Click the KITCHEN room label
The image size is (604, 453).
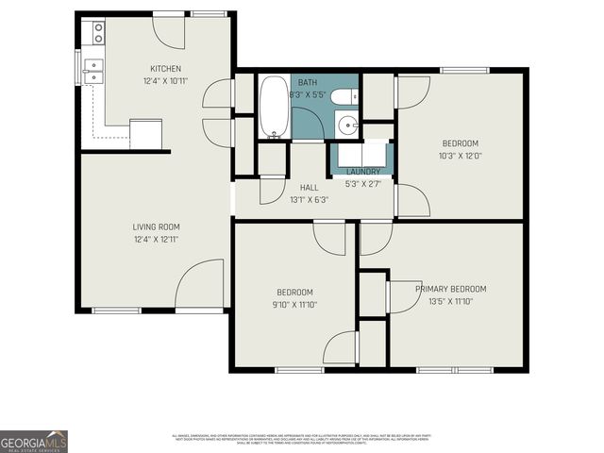tap(165, 69)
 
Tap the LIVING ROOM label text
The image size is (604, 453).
tap(156, 226)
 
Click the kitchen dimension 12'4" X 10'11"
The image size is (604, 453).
tap(165, 82)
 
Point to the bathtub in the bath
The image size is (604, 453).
tap(275, 107)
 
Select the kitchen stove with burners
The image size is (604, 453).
tap(97, 34)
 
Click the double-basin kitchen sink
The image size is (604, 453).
tap(94, 68)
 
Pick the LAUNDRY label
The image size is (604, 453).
tap(363, 171)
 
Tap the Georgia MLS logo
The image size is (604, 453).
tap(34, 441)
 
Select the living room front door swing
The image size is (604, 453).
tap(199, 285)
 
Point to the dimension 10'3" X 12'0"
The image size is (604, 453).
tap(461, 157)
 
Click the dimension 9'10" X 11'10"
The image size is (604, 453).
tap(294, 305)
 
